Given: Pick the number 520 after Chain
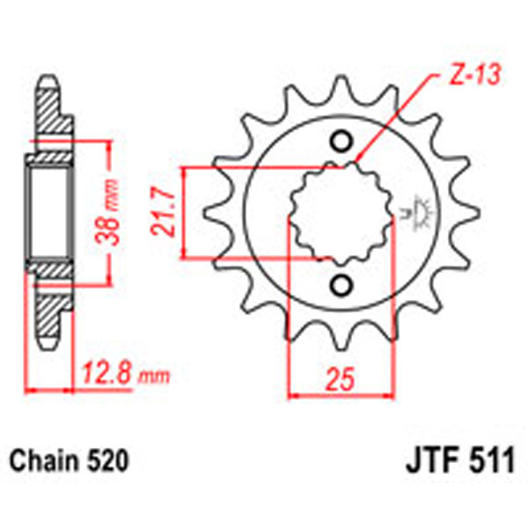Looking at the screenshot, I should coord(106,460).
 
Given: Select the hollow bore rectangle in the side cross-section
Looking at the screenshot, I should coord(48,214).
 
